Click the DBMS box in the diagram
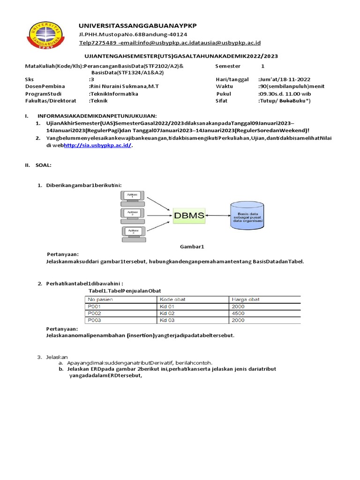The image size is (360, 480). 189,216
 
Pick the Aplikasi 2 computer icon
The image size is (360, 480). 133,215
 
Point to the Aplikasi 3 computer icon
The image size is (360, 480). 133,232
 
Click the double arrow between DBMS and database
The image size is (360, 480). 217,216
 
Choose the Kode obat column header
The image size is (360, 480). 171,299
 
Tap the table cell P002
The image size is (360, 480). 94,313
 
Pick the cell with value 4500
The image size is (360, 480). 238,313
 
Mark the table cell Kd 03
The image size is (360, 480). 167,320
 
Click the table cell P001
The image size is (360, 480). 94,306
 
